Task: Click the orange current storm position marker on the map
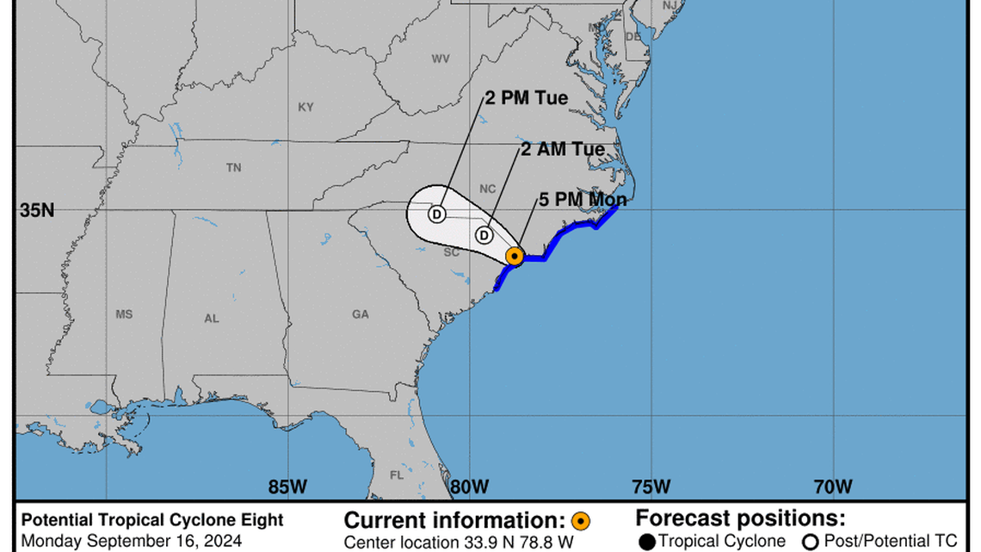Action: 514,256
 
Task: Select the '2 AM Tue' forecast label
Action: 562,150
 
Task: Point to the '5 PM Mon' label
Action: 583,201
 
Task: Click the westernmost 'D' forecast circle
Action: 436,213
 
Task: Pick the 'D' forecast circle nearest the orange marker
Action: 484,234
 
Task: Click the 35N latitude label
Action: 37,210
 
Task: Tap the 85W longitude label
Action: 287,487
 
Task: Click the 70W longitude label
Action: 833,487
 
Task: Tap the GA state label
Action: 360,315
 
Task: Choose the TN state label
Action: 233,169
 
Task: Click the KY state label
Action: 305,108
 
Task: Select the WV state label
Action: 441,59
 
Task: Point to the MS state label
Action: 124,315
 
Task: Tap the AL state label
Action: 212,319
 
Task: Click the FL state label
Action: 397,474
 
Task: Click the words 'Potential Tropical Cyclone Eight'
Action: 152,520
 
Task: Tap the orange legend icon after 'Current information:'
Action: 581,520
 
